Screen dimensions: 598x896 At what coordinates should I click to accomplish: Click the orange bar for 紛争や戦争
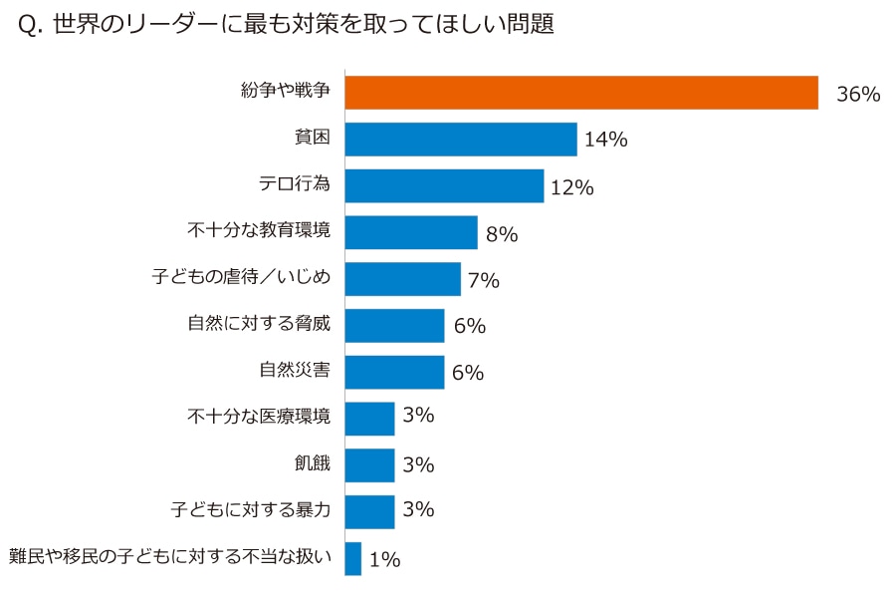581,93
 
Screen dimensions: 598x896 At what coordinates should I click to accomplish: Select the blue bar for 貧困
461,140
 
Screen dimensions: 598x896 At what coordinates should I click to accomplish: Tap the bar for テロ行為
444,185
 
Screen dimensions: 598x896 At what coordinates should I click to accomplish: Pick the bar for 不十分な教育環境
411,232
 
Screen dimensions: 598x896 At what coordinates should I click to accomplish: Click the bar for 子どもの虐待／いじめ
403,279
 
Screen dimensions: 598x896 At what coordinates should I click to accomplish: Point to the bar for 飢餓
369,465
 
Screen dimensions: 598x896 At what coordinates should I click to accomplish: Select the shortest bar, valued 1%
353,558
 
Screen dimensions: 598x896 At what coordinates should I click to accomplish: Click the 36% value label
858,95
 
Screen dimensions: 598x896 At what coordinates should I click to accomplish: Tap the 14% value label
605,141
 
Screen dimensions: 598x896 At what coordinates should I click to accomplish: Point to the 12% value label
571,187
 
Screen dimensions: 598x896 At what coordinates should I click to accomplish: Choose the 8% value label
501,234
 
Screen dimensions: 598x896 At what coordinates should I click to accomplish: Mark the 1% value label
384,560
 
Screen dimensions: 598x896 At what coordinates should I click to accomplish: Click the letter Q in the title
28,27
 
